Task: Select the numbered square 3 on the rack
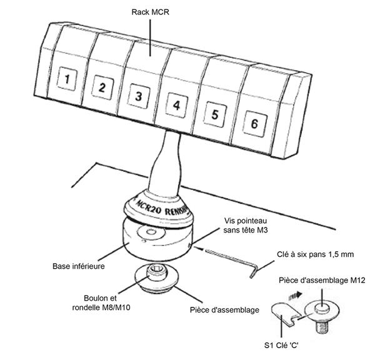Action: [139, 96]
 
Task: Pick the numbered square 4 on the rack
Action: [176, 105]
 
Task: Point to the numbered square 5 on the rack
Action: [215, 114]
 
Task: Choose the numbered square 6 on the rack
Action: [254, 123]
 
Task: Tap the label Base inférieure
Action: [77, 266]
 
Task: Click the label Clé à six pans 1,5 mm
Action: [315, 254]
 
